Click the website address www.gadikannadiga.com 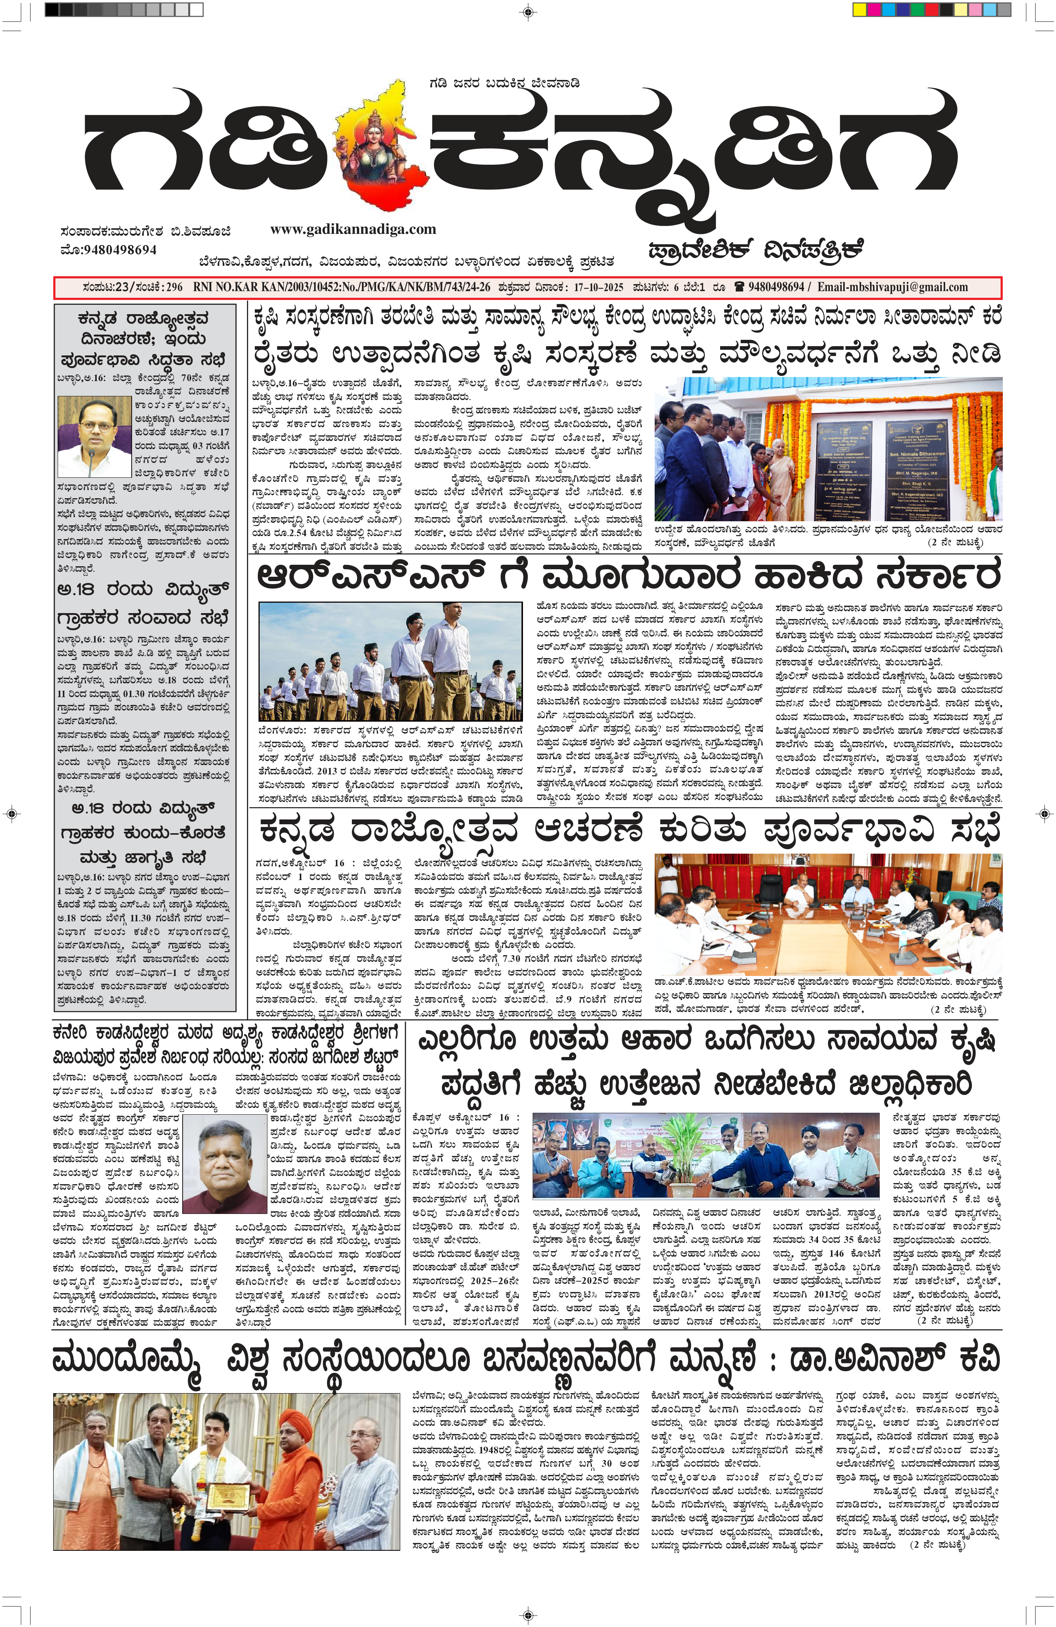click(x=353, y=229)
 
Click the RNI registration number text click(x=342, y=287)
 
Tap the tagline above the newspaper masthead click(x=505, y=83)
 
